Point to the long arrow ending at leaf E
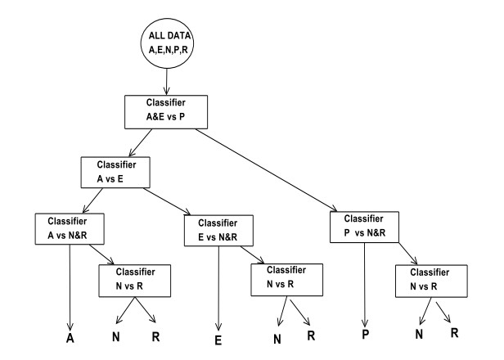[x=219, y=286]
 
